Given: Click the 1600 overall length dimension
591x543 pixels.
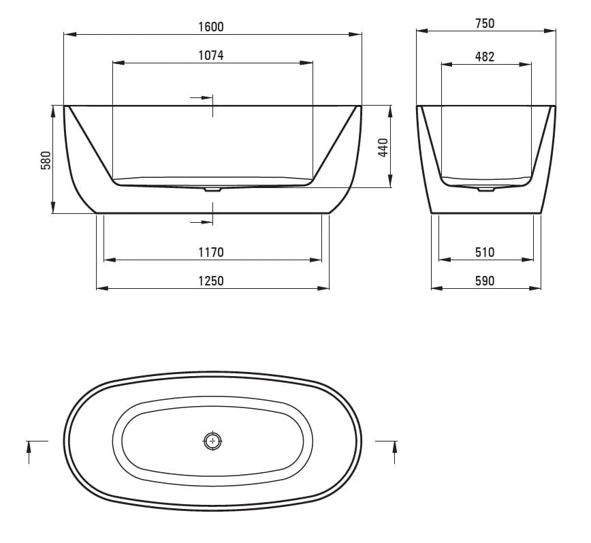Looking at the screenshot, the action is point(211,27).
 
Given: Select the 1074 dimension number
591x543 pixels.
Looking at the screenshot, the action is point(211,56).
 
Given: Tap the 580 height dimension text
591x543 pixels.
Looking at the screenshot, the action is point(46,160).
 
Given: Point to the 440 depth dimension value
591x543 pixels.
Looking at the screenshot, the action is point(383,148).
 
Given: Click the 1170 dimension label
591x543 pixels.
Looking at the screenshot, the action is point(211,252).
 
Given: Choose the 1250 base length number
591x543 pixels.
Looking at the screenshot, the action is point(211,281).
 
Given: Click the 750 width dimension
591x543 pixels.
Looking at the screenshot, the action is point(485,23).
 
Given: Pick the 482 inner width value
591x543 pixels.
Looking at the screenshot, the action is point(485,57).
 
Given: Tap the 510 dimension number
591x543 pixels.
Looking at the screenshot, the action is point(485,252).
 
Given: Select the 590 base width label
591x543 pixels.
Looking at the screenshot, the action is point(485,281).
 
